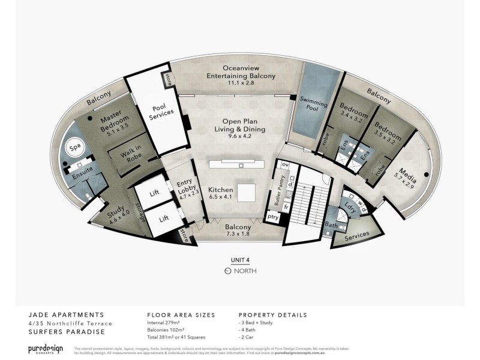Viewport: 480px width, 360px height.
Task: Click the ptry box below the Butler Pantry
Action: tap(273, 217)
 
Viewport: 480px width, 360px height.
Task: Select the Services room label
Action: tap(358, 235)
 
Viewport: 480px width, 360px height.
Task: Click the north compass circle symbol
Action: tap(227, 271)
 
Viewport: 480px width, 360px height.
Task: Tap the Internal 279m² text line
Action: tap(166, 323)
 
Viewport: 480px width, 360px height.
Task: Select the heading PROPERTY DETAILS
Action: tap(272, 315)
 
